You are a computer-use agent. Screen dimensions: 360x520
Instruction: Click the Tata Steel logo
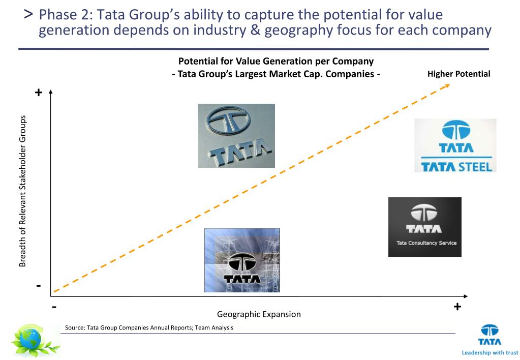point(455,145)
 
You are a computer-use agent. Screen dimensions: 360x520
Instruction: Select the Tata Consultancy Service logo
point(424,227)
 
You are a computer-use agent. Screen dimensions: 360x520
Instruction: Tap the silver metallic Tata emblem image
point(236,136)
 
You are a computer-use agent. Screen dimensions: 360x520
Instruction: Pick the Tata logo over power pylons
point(242,260)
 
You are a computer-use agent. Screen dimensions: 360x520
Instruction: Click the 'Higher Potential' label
point(458,74)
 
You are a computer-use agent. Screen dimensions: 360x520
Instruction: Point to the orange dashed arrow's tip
point(448,85)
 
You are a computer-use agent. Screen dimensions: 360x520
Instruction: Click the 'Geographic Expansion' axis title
point(259,314)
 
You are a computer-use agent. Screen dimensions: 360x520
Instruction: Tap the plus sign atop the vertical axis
point(38,93)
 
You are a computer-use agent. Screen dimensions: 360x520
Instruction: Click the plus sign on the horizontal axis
point(457,307)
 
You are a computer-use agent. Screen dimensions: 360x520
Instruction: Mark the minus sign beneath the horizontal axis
point(54,307)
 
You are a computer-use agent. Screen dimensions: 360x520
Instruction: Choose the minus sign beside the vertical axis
point(39,286)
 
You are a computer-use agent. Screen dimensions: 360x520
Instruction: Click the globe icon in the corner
point(35,341)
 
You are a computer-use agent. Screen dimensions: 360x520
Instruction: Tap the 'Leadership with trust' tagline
point(490,352)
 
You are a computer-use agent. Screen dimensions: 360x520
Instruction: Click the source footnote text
point(149,328)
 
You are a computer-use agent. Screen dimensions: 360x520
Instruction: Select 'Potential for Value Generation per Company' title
point(276,62)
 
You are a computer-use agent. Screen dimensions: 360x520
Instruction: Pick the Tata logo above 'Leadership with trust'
point(490,335)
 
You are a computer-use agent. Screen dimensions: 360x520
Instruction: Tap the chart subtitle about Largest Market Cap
point(276,74)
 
